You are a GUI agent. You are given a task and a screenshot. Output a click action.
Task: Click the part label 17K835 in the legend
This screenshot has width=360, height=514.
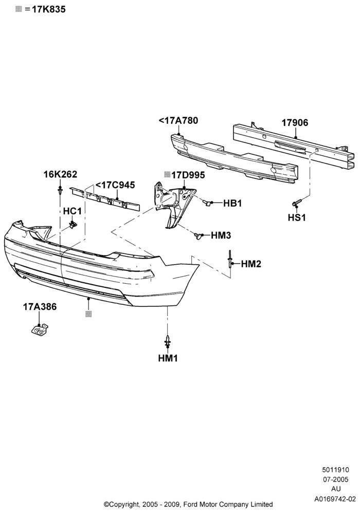pos(48,9)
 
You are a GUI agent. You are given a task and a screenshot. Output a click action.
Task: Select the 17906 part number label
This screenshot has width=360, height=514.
pos(295,123)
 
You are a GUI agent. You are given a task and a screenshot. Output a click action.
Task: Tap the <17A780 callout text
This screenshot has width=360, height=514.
pos(178,121)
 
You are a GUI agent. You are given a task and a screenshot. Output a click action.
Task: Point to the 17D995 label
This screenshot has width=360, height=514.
pos(188,175)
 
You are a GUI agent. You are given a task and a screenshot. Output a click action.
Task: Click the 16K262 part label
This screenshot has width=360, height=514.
pos(60,174)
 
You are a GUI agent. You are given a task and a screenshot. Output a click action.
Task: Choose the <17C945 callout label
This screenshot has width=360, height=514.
pos(115,185)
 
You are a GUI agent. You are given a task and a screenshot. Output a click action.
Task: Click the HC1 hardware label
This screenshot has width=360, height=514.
pos(72,211)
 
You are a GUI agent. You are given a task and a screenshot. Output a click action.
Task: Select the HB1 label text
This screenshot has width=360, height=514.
pos(232,203)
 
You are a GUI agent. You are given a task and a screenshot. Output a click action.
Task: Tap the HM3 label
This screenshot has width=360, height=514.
pos(221,235)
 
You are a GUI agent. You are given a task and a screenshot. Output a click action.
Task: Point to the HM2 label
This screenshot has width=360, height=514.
pos(251,264)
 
